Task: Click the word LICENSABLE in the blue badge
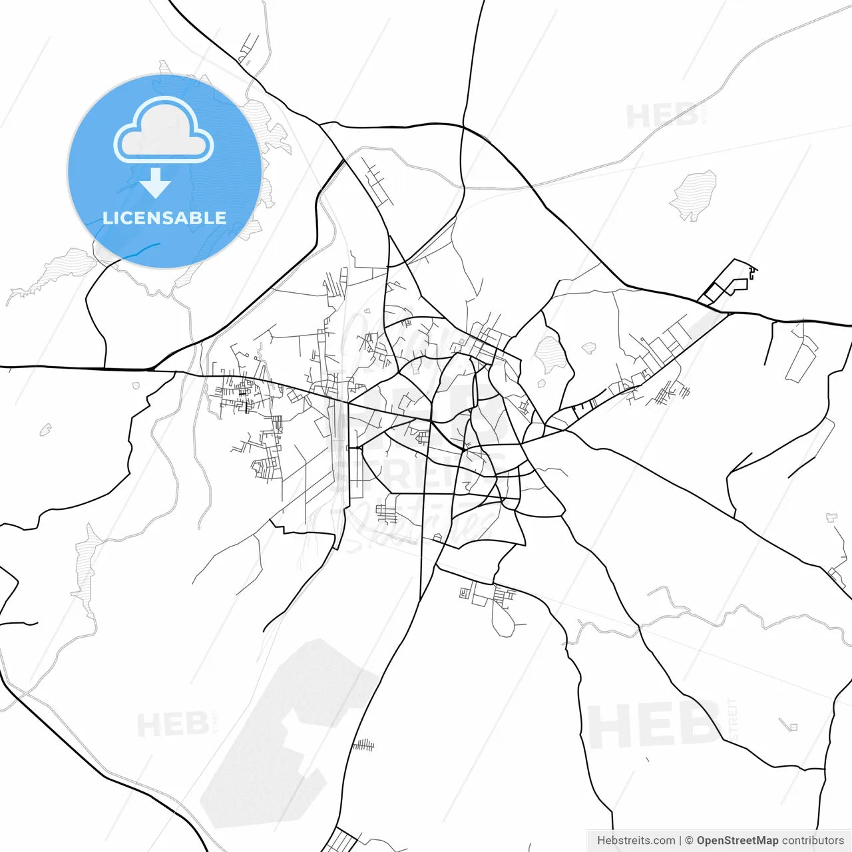point(164,218)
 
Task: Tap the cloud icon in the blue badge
point(164,130)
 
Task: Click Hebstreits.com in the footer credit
point(636,841)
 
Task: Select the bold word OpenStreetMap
point(738,841)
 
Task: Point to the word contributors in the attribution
point(813,841)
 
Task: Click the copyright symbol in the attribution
point(689,841)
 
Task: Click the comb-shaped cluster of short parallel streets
point(363,744)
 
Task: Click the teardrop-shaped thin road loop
point(503,619)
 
